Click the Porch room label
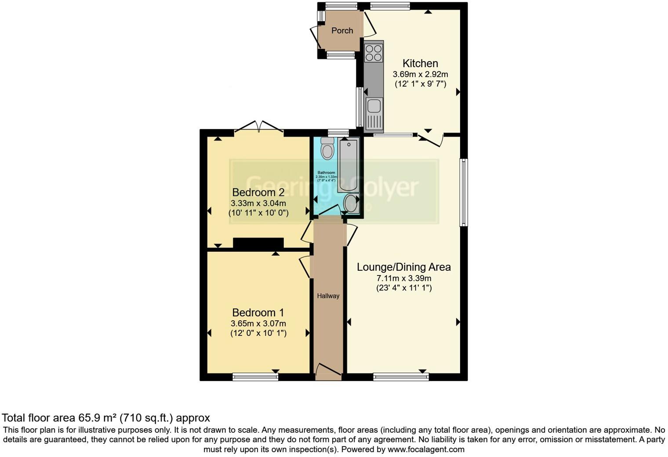(342, 30)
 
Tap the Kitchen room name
(420, 63)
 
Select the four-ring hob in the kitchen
(374, 52)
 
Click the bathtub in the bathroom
(349, 164)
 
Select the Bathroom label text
(326, 173)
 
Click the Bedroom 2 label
(258, 192)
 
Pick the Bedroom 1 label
(258, 312)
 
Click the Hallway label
(328, 296)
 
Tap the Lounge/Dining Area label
(403, 267)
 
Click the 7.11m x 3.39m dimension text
(403, 278)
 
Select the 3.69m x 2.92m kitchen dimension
(420, 74)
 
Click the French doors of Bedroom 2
(259, 127)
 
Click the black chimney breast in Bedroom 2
(258, 243)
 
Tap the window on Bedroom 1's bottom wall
(255, 377)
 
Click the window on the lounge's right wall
(463, 192)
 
